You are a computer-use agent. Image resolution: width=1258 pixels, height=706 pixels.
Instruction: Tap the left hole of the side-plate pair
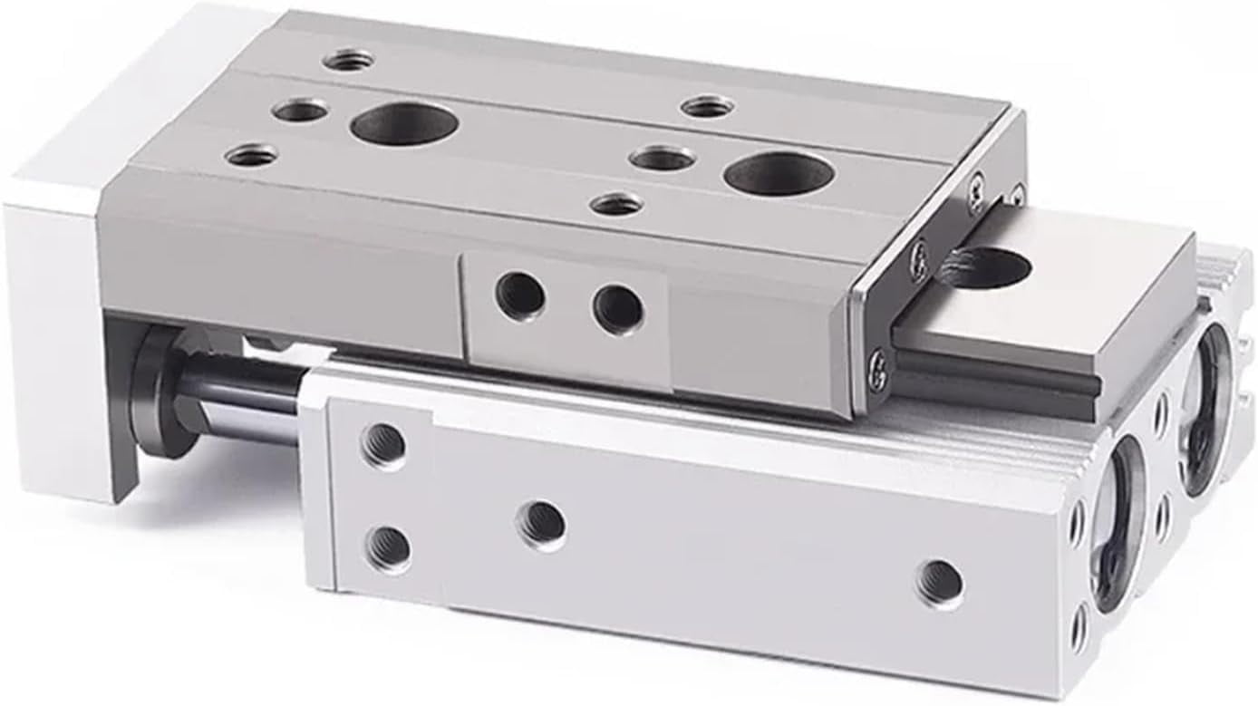(521, 296)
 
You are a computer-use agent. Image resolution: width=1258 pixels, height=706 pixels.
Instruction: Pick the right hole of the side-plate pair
(618, 307)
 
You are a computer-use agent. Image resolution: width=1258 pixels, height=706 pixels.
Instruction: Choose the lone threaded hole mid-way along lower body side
(542, 523)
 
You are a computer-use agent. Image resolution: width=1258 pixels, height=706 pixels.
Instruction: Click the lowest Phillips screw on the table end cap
(877, 369)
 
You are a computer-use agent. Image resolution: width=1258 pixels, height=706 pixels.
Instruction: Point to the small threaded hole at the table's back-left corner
(350, 62)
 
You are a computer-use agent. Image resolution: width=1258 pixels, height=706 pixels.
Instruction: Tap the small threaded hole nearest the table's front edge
(616, 204)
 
